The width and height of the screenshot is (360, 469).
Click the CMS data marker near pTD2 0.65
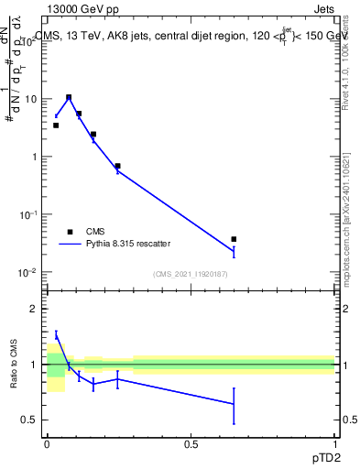click(235, 239)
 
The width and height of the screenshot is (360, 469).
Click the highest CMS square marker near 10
click(69, 97)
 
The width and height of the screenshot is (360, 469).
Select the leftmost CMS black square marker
click(56, 125)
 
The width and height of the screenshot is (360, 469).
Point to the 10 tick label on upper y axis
click(29, 98)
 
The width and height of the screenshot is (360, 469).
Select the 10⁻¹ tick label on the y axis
click(28, 213)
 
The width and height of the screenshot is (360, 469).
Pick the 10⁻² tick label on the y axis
click(28, 272)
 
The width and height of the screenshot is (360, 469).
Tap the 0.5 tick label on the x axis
click(191, 444)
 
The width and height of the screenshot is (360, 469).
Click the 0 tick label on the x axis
click(47, 444)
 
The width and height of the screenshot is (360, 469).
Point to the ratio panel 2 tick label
click(35, 310)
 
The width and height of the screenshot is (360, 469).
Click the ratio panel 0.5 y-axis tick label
click(30, 420)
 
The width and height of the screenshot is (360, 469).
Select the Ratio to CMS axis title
click(14, 365)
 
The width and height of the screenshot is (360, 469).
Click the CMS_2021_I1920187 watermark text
click(191, 274)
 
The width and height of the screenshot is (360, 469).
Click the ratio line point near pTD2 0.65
click(235, 403)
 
